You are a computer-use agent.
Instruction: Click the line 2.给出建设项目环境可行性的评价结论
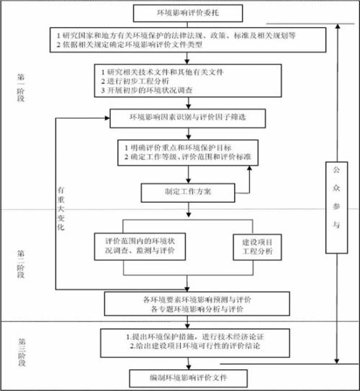click(190, 346)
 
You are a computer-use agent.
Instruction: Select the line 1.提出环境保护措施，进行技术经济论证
click(189, 336)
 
